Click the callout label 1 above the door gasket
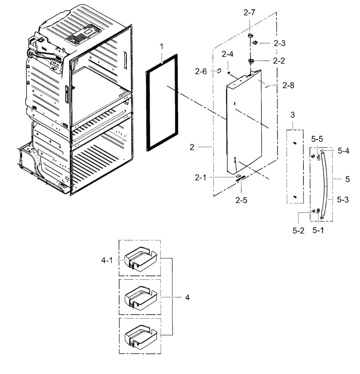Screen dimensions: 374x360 coord(162,46)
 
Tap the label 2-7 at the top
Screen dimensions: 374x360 coord(249,13)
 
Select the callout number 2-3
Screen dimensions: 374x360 coord(279,43)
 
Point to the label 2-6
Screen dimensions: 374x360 coord(201,71)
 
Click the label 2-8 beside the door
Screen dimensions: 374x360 coord(288,85)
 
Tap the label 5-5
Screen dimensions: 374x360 coord(317,138)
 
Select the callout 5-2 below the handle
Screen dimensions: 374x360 coord(298,231)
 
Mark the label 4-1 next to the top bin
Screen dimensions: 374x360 coord(107,260)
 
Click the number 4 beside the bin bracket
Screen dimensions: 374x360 coord(187,297)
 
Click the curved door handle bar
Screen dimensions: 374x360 coord(325,183)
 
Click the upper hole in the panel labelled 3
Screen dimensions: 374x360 coord(294,143)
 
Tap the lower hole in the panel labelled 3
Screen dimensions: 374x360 coord(295,197)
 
